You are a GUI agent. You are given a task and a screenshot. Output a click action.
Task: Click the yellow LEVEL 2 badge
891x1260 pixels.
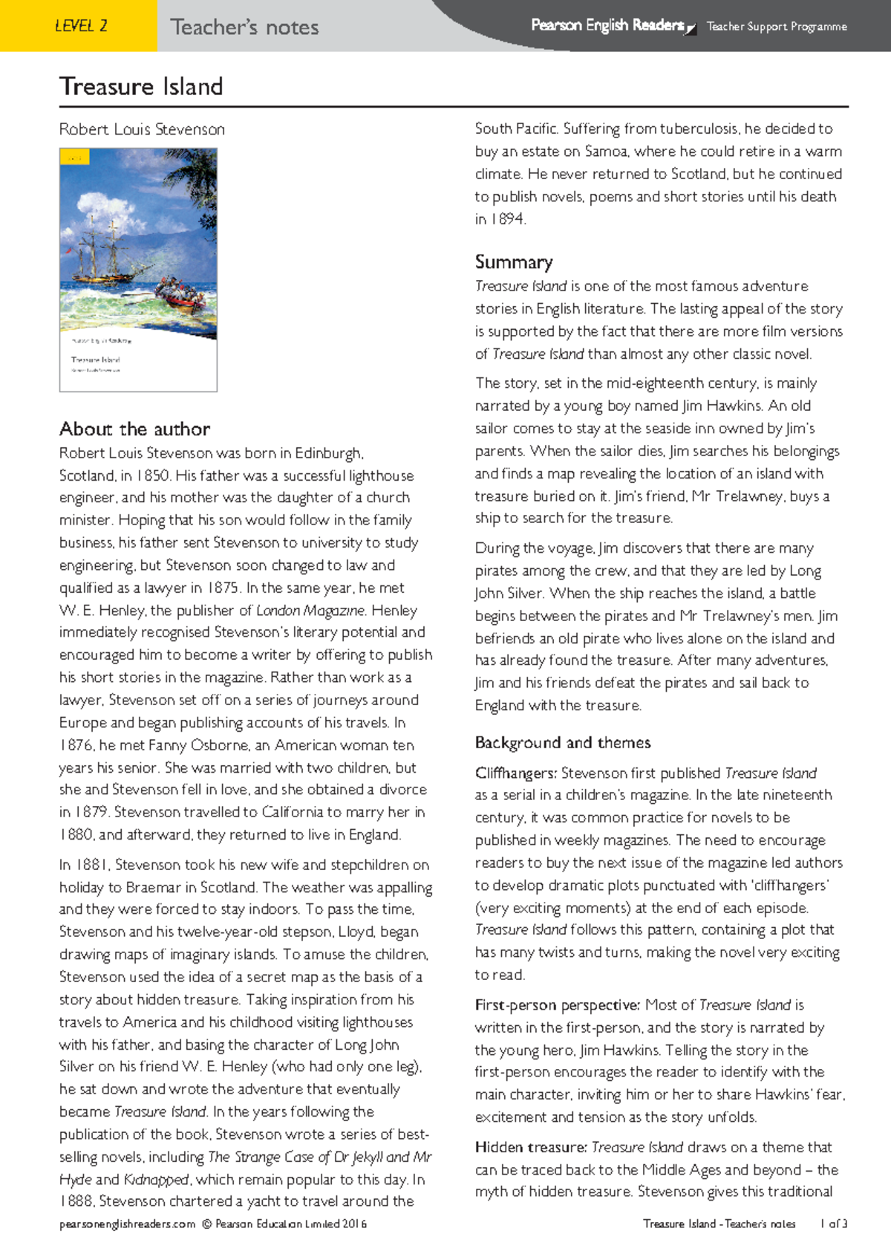pos(80,26)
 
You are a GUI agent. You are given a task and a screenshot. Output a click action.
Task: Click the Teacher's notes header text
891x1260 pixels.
pos(244,27)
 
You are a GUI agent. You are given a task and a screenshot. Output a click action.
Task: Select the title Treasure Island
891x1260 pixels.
pos(141,86)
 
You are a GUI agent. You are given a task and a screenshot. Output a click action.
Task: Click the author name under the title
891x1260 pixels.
pos(142,129)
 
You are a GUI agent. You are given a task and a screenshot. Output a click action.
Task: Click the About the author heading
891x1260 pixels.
pos(134,429)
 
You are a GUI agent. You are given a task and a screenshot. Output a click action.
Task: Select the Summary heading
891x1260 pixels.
pos(514,262)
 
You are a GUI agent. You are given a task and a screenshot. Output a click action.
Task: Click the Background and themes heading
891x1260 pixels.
pos(562,743)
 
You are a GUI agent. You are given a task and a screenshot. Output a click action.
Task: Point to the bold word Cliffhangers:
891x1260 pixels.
pos(515,773)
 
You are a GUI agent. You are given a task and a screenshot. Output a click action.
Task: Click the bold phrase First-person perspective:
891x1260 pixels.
pos(557,1005)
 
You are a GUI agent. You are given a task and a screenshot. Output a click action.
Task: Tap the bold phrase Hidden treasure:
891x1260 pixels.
pos(530,1148)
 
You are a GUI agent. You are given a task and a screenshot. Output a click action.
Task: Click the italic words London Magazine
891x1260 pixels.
pos(310,611)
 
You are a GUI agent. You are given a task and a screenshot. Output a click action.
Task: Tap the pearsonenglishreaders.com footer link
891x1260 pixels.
pos(127,1224)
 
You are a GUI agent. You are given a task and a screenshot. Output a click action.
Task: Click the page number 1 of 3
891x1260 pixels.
pos(833,1224)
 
